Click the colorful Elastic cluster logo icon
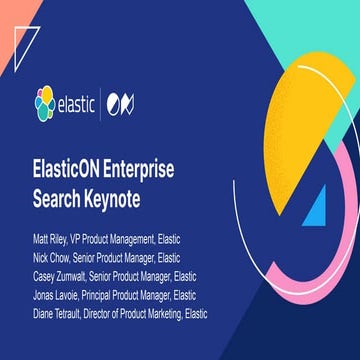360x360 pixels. click(x=44, y=101)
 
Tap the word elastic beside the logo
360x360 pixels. click(x=84, y=102)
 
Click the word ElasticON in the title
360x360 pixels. click(x=77, y=165)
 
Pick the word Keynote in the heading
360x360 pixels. click(x=121, y=188)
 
